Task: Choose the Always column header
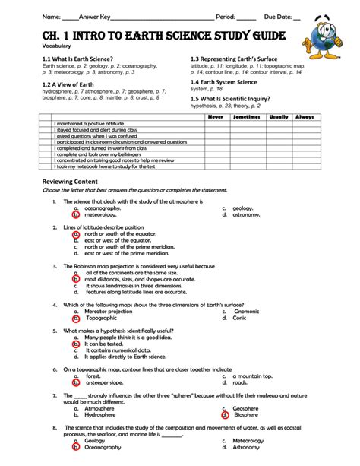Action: point(304,117)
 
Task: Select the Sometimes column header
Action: point(246,117)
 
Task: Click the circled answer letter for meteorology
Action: point(76,215)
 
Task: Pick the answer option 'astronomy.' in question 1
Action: point(246,215)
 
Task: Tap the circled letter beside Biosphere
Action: point(225,415)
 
